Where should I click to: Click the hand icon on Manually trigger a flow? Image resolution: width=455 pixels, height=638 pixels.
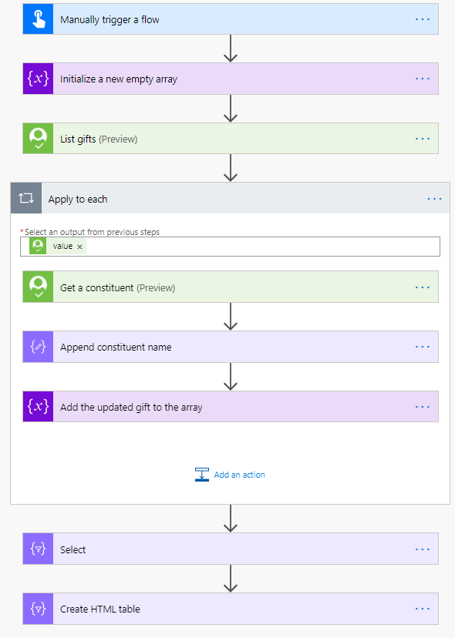tap(39, 19)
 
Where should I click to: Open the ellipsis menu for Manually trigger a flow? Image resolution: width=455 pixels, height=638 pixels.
tap(423, 19)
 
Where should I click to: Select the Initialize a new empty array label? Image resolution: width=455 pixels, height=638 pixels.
tap(119, 79)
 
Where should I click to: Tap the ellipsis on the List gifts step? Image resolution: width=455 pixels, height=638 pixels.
tap(423, 139)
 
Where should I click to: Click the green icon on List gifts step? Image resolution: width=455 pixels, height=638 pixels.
tap(39, 139)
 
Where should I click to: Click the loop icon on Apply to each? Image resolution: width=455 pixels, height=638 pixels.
tap(26, 198)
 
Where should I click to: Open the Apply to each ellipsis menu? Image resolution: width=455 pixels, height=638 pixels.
tap(435, 199)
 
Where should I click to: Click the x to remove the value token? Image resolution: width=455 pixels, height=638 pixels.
tap(80, 247)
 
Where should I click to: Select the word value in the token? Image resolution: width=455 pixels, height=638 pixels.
tap(62, 246)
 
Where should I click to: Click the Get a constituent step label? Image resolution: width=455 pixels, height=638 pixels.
tap(118, 287)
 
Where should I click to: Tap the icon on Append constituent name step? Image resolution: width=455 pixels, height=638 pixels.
tap(39, 347)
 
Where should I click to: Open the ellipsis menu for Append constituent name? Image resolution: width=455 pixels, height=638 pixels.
tap(423, 347)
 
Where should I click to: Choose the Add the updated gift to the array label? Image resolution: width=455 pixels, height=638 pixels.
tap(131, 408)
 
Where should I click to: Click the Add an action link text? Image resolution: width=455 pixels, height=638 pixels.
tap(240, 475)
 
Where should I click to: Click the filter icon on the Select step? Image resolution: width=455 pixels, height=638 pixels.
tap(39, 549)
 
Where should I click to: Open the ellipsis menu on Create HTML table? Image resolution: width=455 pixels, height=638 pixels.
tap(423, 609)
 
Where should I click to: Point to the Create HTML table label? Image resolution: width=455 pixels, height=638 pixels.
tap(100, 609)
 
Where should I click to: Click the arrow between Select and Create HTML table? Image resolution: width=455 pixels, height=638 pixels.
tap(231, 578)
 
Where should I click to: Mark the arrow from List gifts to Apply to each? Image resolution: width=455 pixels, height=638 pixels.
tap(231, 168)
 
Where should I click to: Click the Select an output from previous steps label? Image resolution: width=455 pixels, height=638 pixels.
tap(92, 232)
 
